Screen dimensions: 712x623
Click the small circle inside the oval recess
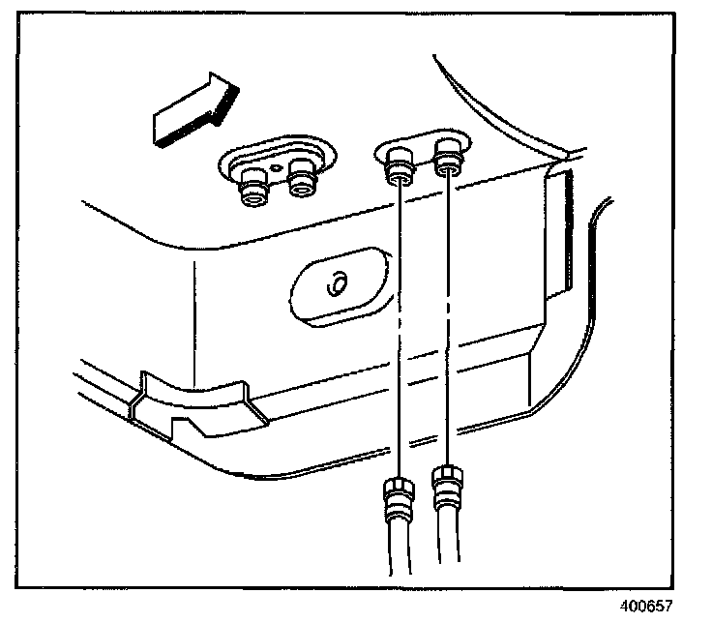[338, 286]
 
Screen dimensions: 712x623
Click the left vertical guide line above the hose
[400, 329]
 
